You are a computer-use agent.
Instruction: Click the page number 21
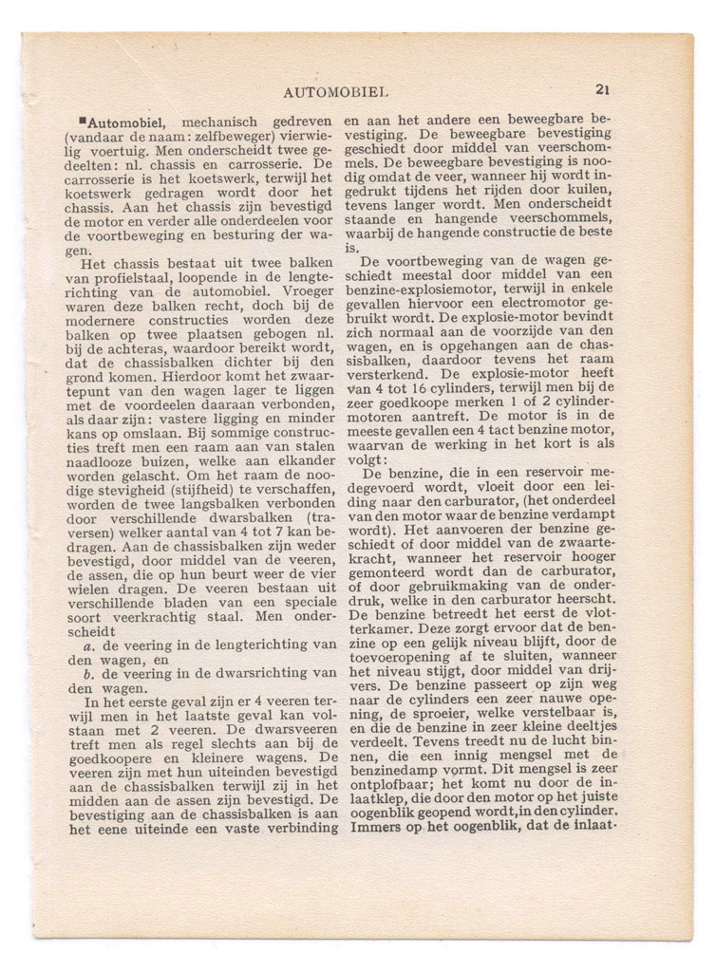coord(602,90)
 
